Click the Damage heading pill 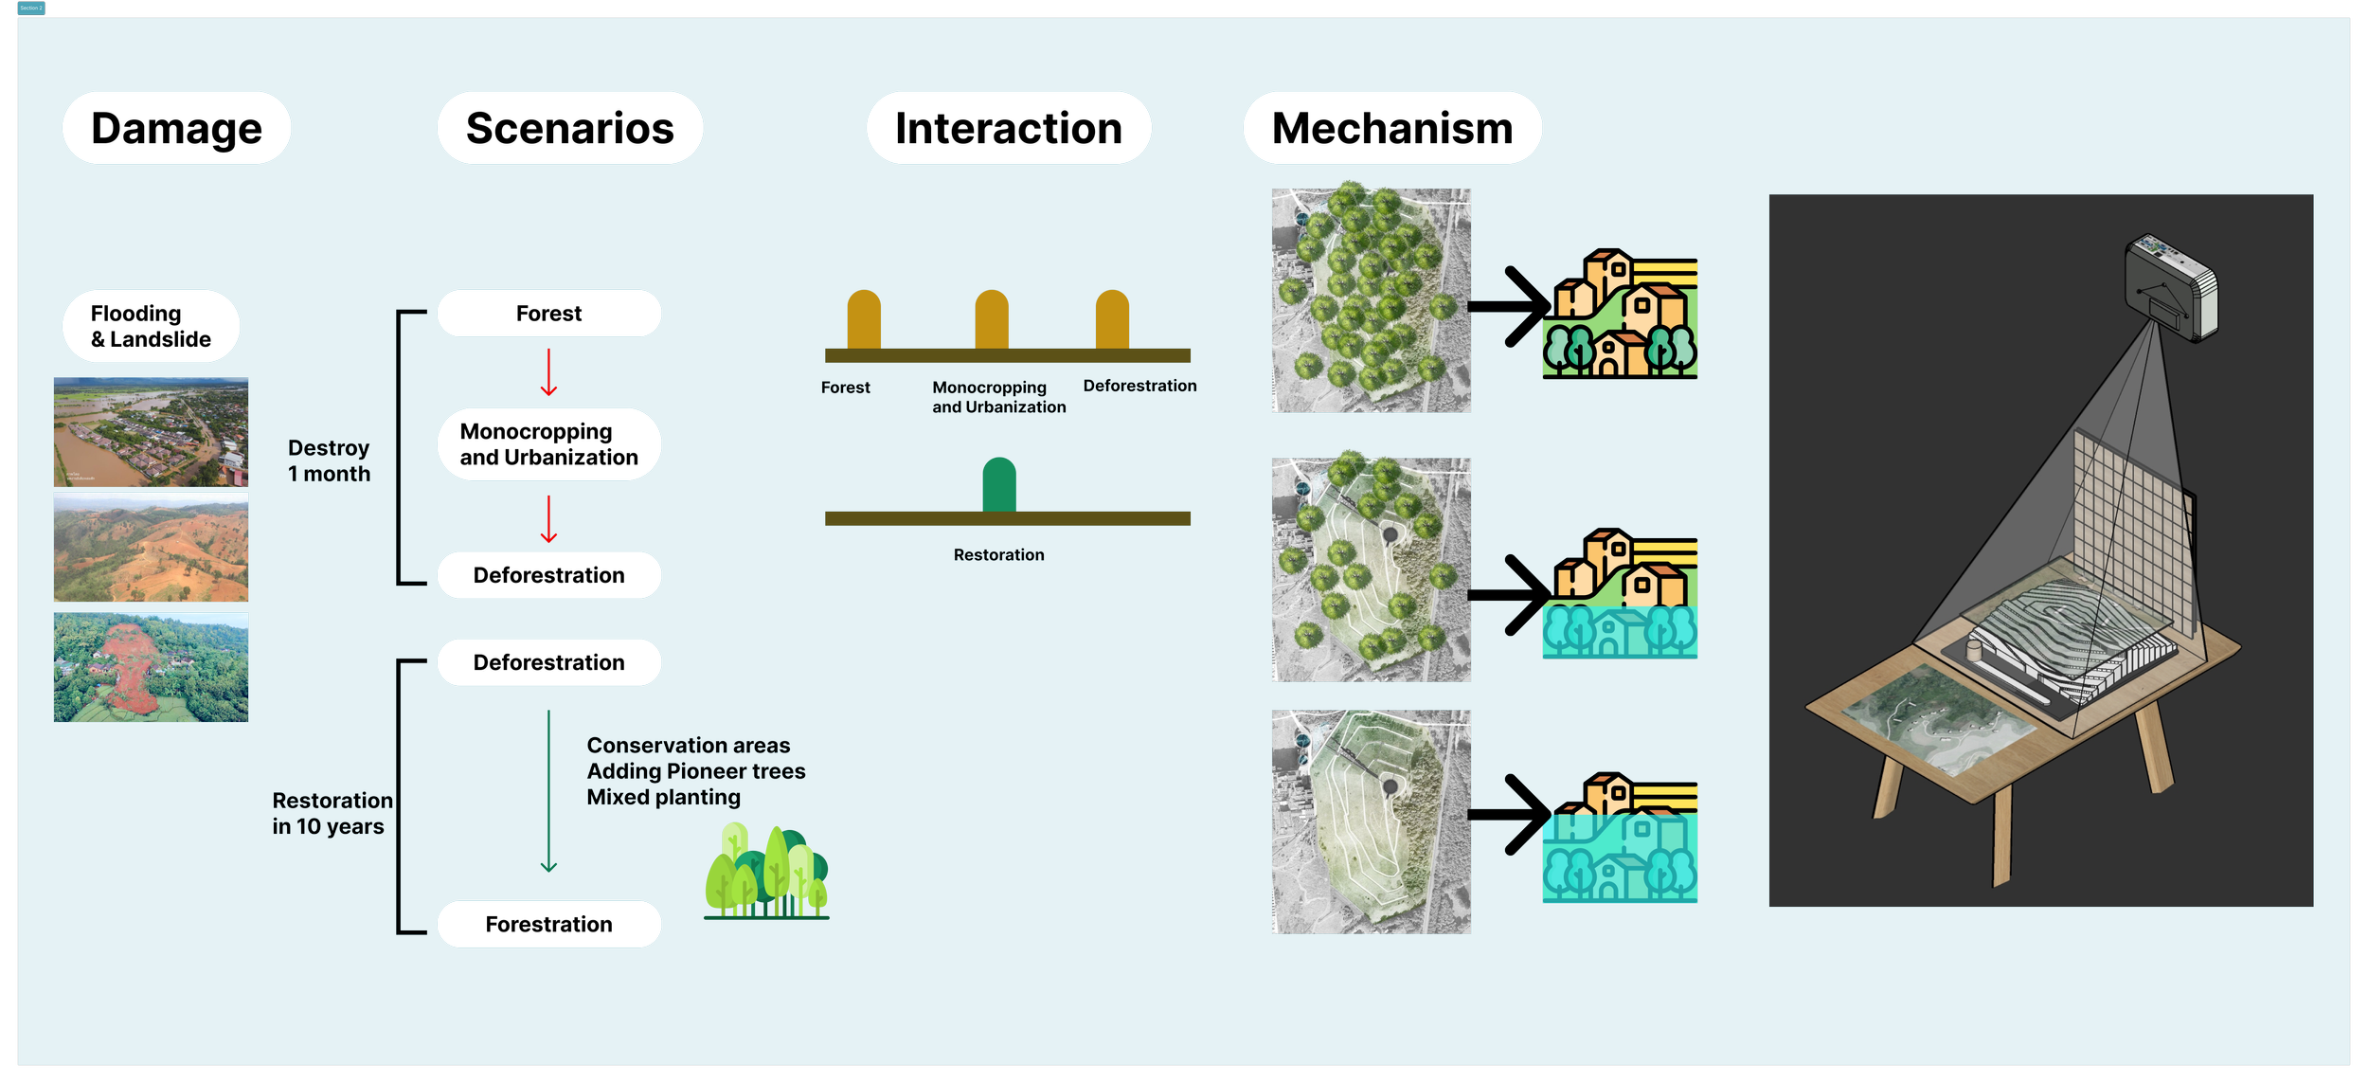coord(176,128)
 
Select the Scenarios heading coord(569,128)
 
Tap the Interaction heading coord(1008,128)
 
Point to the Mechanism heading coord(1391,128)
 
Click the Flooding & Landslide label coord(151,326)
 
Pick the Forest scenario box coord(548,314)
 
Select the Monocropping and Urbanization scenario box coord(548,444)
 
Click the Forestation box coord(548,924)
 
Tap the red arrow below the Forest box coord(548,372)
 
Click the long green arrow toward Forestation coord(548,791)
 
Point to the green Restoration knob coord(999,484)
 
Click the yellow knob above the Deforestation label coord(1112,319)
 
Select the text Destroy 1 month coord(329,460)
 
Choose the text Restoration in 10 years coord(332,813)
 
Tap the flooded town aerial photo coord(151,432)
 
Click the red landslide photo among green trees coord(151,667)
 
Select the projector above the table coord(2170,287)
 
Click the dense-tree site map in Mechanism coord(1371,300)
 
